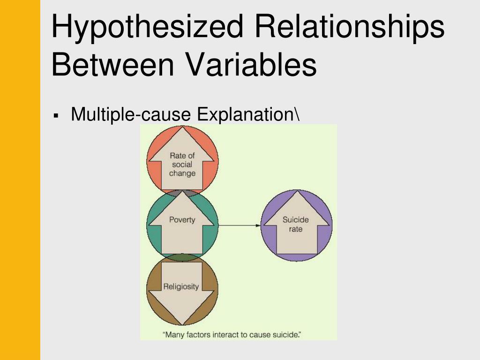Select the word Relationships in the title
[x=350, y=27]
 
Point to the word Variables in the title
[x=252, y=65]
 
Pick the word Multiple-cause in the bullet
[x=132, y=114]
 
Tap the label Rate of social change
[x=182, y=165]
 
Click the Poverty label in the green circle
[x=182, y=219]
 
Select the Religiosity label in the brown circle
[x=181, y=286]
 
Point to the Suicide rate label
[x=296, y=225]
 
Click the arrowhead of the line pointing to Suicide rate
[x=258, y=225]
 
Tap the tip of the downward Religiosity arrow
[x=182, y=323]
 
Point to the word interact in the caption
[x=228, y=335]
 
